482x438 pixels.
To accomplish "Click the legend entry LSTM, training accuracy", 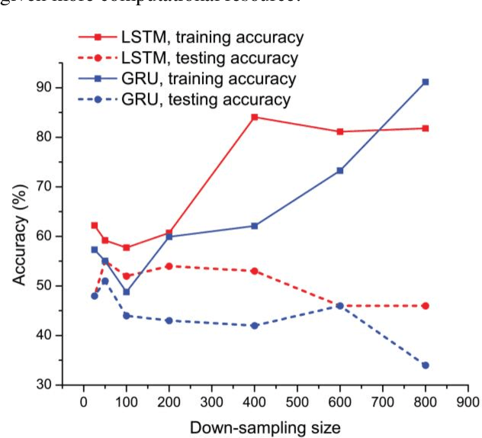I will point(209,36).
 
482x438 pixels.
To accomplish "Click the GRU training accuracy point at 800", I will point(425,82).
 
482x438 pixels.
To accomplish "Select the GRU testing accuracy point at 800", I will point(425,366).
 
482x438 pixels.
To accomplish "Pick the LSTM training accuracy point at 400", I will point(255,117).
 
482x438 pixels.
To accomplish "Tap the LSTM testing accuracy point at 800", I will point(425,306).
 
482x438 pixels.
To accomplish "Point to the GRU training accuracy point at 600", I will point(340,170).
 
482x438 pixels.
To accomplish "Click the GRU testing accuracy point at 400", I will point(255,326).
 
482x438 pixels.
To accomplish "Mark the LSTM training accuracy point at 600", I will point(340,131).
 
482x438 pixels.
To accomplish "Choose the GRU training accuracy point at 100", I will point(127,291).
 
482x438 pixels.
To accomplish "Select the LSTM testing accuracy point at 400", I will point(255,271).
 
